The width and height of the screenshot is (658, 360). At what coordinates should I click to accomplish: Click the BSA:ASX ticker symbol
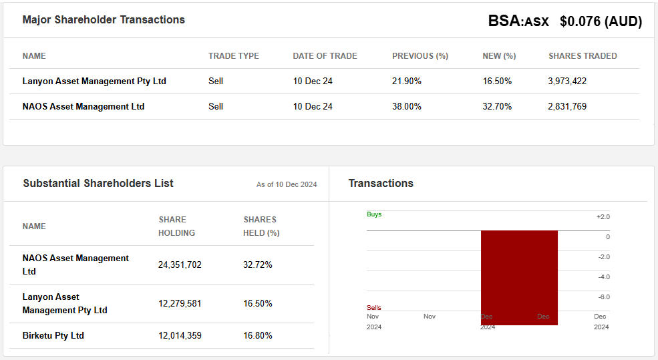[518, 21]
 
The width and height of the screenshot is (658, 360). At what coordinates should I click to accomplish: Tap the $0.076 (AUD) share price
[601, 21]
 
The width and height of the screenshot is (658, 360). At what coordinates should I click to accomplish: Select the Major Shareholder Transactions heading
[104, 19]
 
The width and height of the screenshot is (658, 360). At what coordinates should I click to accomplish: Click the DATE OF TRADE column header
[325, 56]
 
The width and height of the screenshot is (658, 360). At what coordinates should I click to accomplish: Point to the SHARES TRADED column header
[583, 56]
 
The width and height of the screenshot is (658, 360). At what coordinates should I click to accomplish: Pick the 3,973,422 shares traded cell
[567, 81]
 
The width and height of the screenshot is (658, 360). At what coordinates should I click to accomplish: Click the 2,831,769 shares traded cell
[567, 106]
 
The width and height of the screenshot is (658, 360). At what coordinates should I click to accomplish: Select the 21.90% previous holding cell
[407, 81]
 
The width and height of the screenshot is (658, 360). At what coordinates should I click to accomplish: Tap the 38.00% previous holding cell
[407, 106]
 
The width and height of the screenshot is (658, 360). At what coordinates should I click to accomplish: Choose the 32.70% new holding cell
[497, 106]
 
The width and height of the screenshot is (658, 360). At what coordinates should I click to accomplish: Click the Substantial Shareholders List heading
[98, 183]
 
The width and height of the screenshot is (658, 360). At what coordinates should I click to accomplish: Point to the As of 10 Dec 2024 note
[287, 184]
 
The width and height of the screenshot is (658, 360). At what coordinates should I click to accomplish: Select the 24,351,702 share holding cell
[180, 264]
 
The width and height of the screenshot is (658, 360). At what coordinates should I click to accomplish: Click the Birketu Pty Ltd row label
[53, 335]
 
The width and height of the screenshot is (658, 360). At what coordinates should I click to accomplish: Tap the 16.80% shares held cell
[258, 335]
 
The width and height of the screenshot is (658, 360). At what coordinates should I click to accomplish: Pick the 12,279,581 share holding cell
[180, 303]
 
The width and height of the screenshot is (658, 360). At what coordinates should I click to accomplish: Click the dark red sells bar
[519, 277]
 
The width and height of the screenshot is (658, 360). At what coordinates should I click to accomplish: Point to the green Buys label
[374, 214]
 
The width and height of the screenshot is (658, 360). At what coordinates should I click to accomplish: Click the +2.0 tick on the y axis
[603, 217]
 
